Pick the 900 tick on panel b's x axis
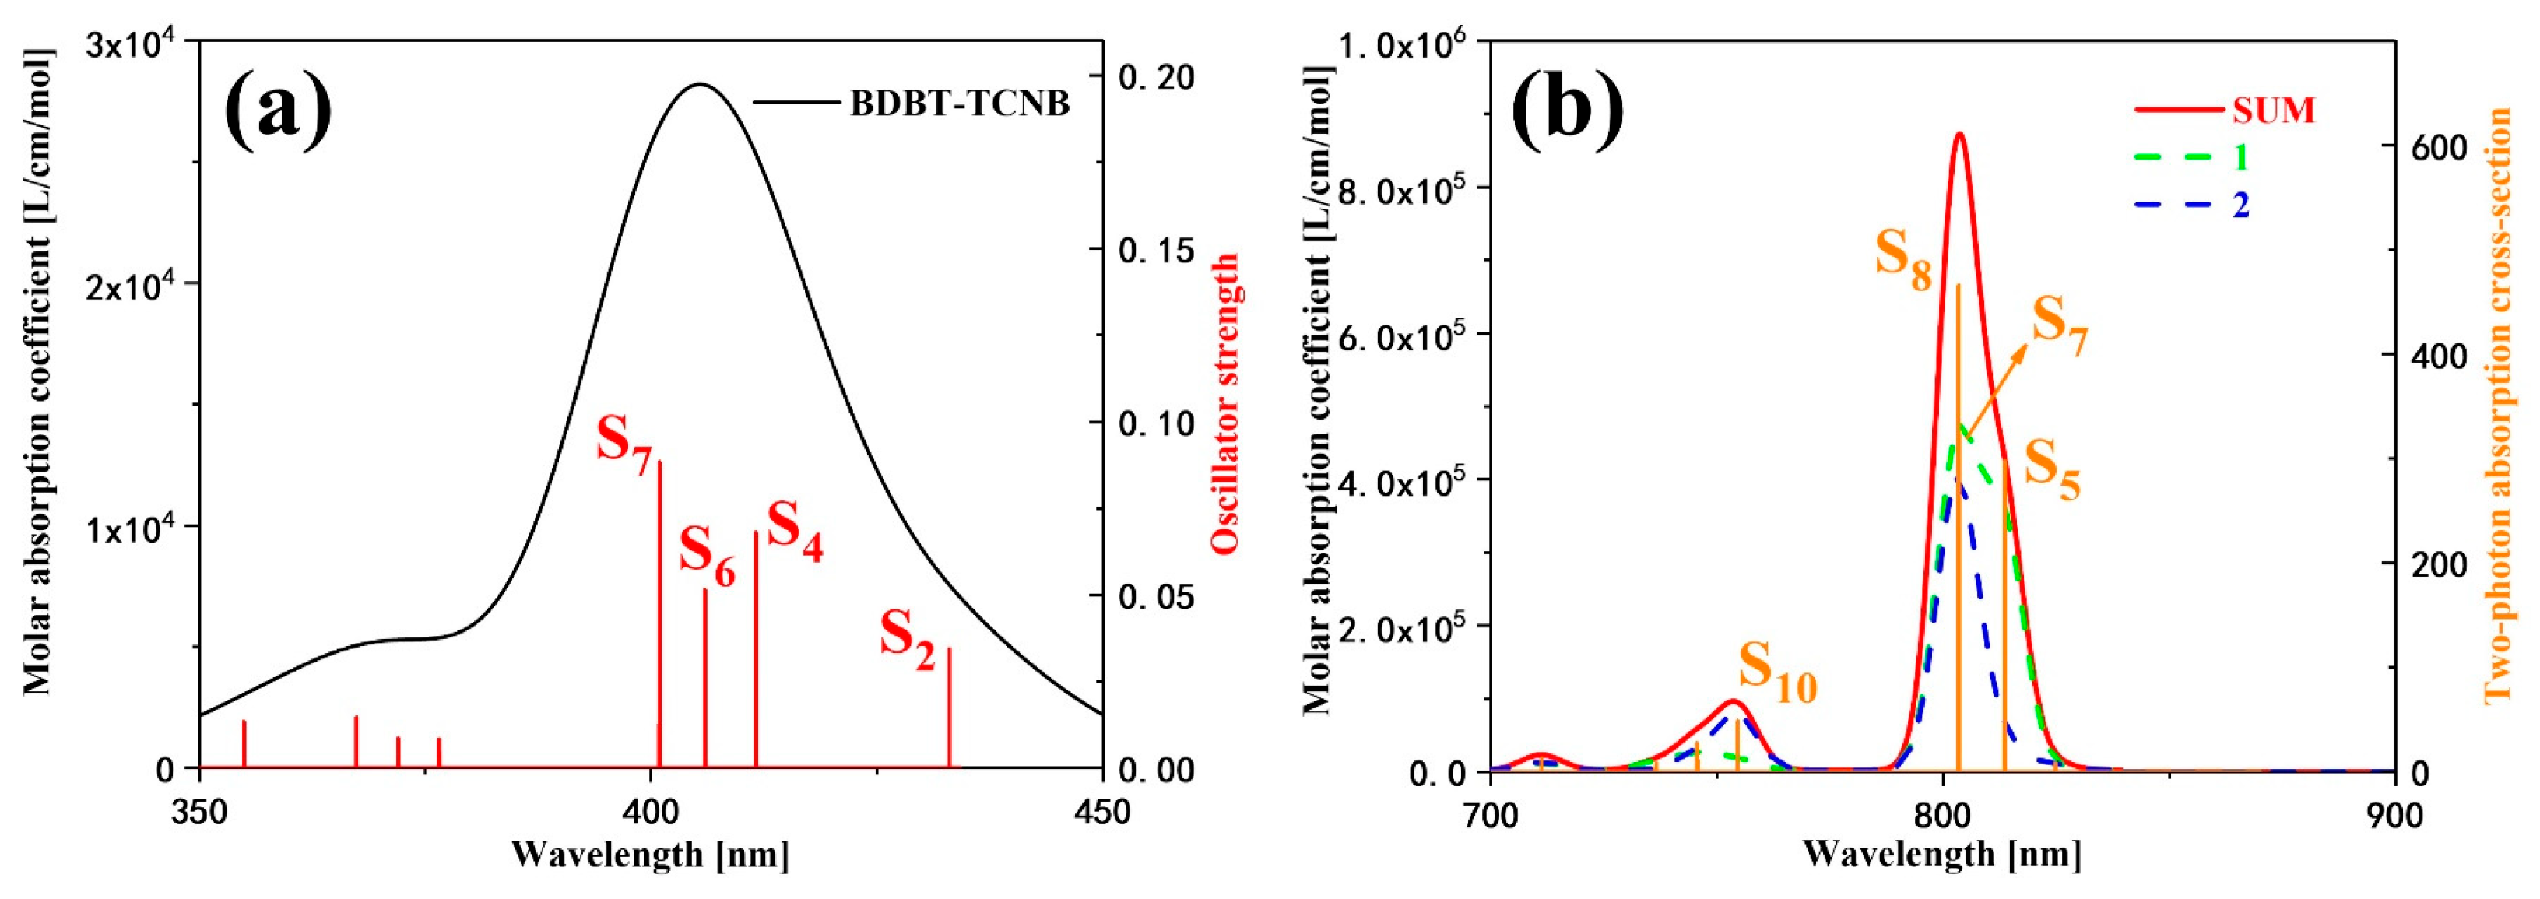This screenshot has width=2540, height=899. click(2394, 814)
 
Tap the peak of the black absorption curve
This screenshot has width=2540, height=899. click(699, 85)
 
